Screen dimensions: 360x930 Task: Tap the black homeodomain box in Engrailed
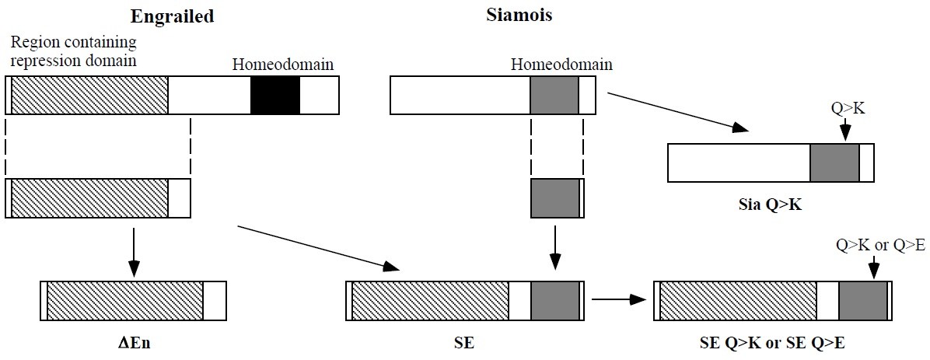click(x=274, y=96)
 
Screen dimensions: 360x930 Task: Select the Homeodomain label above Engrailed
click(x=283, y=64)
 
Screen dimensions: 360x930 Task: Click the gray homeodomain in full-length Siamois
click(x=554, y=96)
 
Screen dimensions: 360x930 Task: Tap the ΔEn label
click(x=132, y=342)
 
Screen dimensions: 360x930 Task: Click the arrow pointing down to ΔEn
click(x=133, y=253)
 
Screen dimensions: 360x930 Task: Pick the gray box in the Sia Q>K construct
click(x=834, y=163)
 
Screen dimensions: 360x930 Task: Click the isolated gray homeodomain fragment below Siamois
click(x=554, y=197)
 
